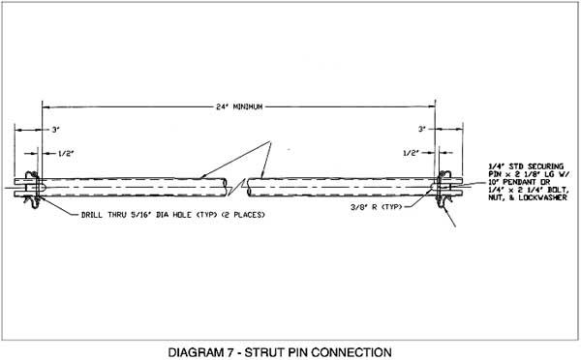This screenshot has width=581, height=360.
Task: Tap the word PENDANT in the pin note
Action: [520, 181]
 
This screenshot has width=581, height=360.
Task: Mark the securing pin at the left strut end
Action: [30, 184]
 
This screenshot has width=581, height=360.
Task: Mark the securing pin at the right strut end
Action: [444, 184]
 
